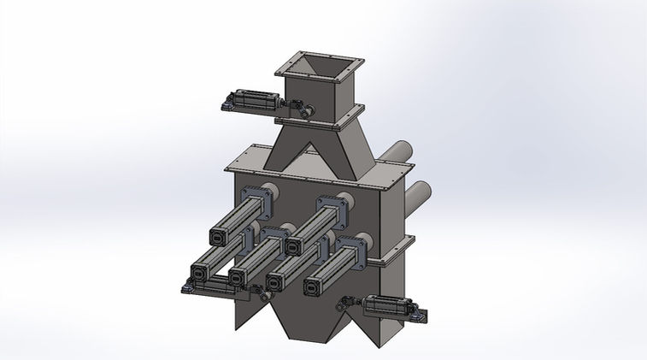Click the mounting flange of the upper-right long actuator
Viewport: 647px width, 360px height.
pyautogui.click(x=335, y=205)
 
